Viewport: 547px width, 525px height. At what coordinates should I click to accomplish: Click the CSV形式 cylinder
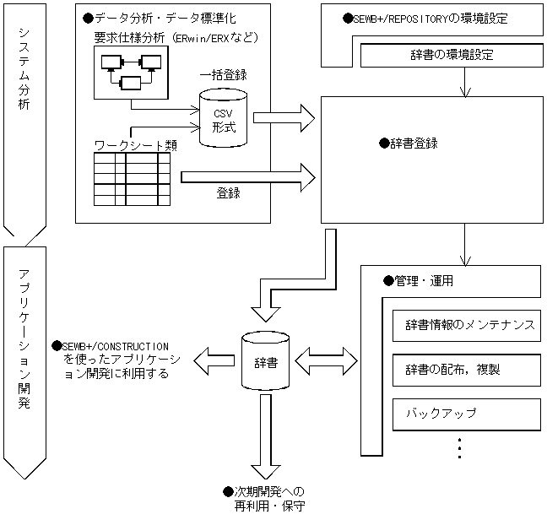[223, 118]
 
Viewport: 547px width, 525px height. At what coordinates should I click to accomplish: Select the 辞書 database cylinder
[265, 360]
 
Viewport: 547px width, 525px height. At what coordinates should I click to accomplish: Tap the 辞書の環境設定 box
[452, 55]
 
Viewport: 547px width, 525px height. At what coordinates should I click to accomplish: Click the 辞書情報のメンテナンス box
[467, 326]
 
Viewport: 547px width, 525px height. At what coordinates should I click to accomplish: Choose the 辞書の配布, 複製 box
[467, 370]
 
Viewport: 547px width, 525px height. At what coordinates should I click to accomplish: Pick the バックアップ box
[467, 414]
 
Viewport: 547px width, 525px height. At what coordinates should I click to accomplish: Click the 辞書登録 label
[409, 143]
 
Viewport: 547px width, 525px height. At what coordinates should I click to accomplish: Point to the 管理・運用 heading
[419, 281]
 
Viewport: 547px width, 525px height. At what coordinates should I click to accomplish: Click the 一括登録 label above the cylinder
[223, 75]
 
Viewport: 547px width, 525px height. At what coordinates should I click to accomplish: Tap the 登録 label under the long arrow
[229, 193]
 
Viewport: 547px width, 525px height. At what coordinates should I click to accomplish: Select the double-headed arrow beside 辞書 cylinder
[327, 361]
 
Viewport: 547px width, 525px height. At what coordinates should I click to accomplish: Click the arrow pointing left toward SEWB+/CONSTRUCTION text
[214, 361]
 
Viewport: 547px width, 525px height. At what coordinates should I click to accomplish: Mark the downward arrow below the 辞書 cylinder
[266, 436]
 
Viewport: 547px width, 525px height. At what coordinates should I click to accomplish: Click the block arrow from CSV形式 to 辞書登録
[284, 118]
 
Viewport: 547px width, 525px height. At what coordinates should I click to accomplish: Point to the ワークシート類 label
[136, 145]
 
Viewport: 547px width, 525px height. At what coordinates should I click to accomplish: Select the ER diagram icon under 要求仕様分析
[131, 73]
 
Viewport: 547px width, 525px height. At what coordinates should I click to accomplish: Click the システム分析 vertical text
[24, 69]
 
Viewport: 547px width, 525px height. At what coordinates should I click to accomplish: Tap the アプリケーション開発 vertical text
[24, 339]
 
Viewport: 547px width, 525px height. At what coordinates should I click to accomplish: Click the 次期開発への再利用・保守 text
[264, 499]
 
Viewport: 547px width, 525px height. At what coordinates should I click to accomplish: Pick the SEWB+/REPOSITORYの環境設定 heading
[425, 19]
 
